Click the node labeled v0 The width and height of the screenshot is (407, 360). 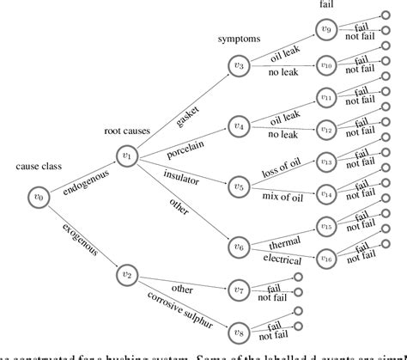tap(36, 195)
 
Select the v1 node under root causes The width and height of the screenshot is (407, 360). tap(127, 156)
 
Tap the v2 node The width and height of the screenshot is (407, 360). tap(127, 274)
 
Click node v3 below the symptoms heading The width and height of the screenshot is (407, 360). tap(240, 65)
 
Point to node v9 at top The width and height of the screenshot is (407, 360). tap(325, 31)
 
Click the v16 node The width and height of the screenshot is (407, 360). tap(325, 257)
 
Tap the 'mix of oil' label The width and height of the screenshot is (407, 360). tap(283, 198)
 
